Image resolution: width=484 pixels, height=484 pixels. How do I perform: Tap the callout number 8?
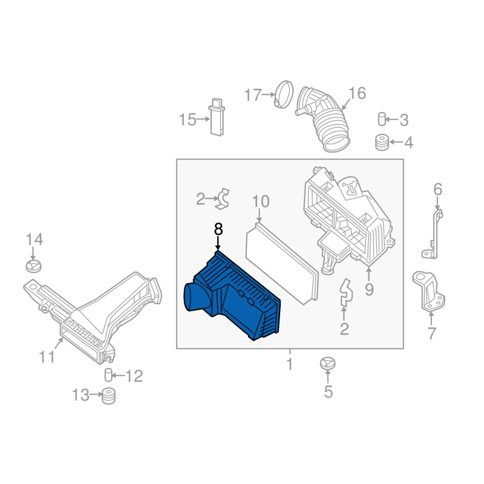(x=218, y=230)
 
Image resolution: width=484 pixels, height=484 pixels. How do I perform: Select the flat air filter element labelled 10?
(x=282, y=263)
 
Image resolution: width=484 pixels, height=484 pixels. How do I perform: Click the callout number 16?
(x=357, y=93)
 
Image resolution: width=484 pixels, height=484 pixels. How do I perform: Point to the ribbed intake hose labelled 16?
(x=324, y=119)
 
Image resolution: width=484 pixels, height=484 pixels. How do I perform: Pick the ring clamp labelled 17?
(x=284, y=94)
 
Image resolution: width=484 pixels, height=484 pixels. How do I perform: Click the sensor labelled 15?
(x=217, y=117)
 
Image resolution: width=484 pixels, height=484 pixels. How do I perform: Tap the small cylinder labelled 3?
(x=382, y=119)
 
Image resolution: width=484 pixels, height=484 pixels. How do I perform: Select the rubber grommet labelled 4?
(x=382, y=142)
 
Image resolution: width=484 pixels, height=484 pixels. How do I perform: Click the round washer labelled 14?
(x=33, y=267)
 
